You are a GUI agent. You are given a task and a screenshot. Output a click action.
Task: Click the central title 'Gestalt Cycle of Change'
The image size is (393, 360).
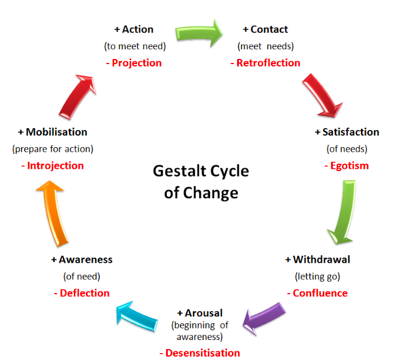coord(201,182)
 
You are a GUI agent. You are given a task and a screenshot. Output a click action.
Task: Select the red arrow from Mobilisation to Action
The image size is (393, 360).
coord(77,93)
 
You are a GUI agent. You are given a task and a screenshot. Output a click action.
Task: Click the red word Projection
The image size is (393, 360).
coord(134,63)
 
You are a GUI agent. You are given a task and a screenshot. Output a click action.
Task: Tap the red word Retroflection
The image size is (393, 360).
coord(265,63)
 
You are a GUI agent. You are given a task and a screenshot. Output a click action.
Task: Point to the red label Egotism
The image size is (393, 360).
coord(346,166)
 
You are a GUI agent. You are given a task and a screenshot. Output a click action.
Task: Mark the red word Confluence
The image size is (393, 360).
coord(317,293)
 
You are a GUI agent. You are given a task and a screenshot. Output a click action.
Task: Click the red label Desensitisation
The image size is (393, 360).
coord(199,353)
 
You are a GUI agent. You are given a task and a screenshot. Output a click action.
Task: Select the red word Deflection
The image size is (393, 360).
coord(81,293)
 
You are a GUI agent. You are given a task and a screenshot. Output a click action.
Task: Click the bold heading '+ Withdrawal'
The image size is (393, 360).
coord(317,259)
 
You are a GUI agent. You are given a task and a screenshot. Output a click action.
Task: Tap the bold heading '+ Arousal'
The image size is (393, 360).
coord(199,313)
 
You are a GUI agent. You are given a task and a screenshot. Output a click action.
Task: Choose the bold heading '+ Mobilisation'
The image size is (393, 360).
coord(53,132)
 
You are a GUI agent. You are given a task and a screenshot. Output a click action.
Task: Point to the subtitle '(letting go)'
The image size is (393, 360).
coord(317,276)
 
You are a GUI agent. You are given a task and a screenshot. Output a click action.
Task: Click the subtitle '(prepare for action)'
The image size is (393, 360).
coord(53,149)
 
